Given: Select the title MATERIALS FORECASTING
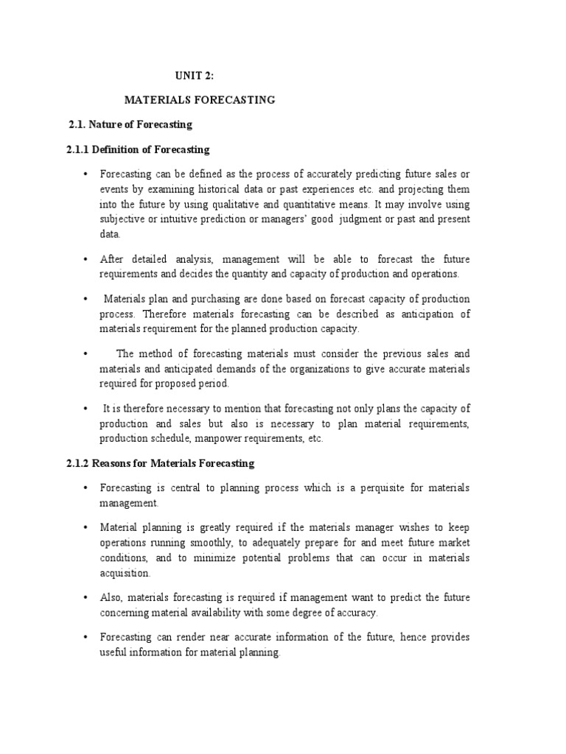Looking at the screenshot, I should (199, 99).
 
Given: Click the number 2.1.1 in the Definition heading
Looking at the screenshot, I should (77, 149).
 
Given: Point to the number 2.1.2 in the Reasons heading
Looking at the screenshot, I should (77, 463).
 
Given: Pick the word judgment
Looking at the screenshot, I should (370, 219).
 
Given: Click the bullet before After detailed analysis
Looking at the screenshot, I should (85, 259).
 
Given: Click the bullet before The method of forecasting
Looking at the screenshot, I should (85, 353).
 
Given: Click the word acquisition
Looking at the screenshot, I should (125, 572).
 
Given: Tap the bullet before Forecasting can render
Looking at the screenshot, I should (85, 637).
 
